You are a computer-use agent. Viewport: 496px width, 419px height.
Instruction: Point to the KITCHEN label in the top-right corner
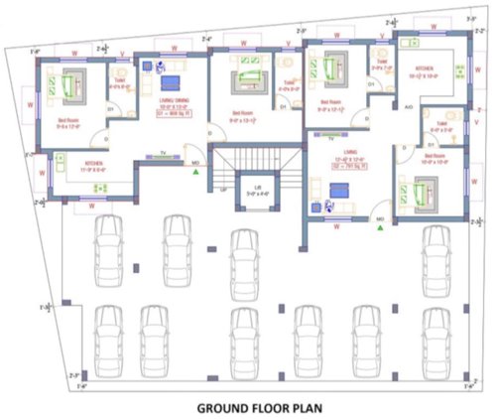pos(440,70)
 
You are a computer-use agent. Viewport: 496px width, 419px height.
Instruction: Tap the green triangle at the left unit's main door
pos(198,174)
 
